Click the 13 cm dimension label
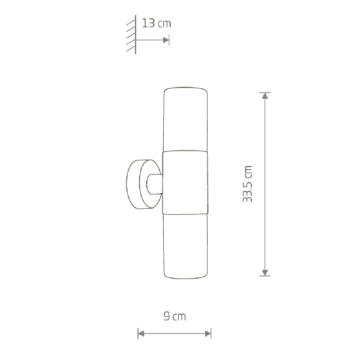tap(157, 23)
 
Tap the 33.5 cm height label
tap(247, 184)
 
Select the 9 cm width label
tap(175, 316)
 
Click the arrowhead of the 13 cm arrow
tap(166, 40)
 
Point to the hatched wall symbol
tap(131, 35)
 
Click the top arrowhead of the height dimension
tap(265, 96)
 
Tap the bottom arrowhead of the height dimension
tap(265, 272)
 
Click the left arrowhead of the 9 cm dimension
tap(141, 334)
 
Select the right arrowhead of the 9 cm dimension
tap(208, 334)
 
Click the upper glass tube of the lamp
tap(185, 119)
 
